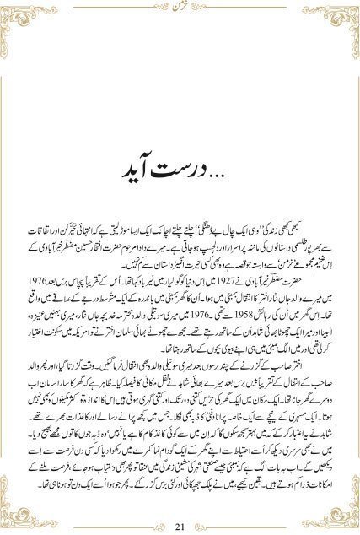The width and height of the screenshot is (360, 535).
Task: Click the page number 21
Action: [x=180, y=527]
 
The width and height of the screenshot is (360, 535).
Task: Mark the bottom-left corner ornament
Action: [x=17, y=516]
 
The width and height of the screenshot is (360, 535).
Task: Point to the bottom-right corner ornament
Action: [x=343, y=516]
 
